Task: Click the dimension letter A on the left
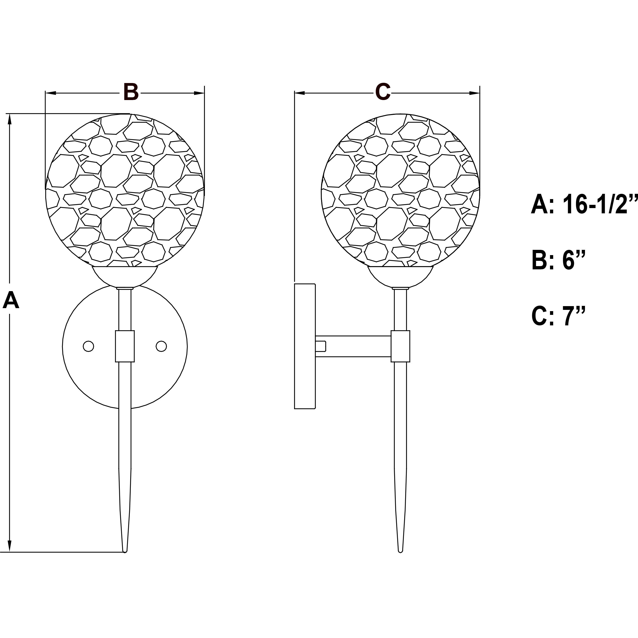click(x=11, y=301)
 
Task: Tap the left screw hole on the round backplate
click(x=88, y=346)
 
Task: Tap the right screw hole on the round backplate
click(x=161, y=346)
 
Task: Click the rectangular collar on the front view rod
click(x=125, y=346)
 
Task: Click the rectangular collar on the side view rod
click(x=400, y=346)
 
